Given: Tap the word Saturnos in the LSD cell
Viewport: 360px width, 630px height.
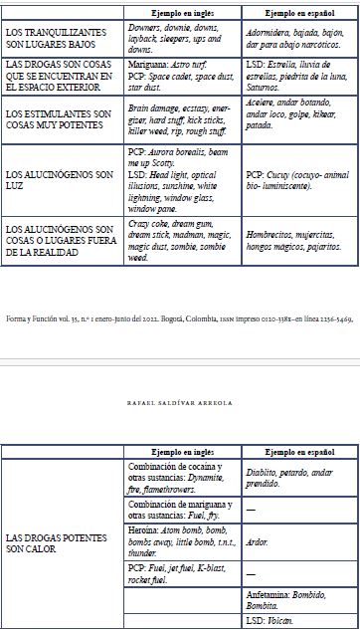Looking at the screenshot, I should (x=263, y=87).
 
